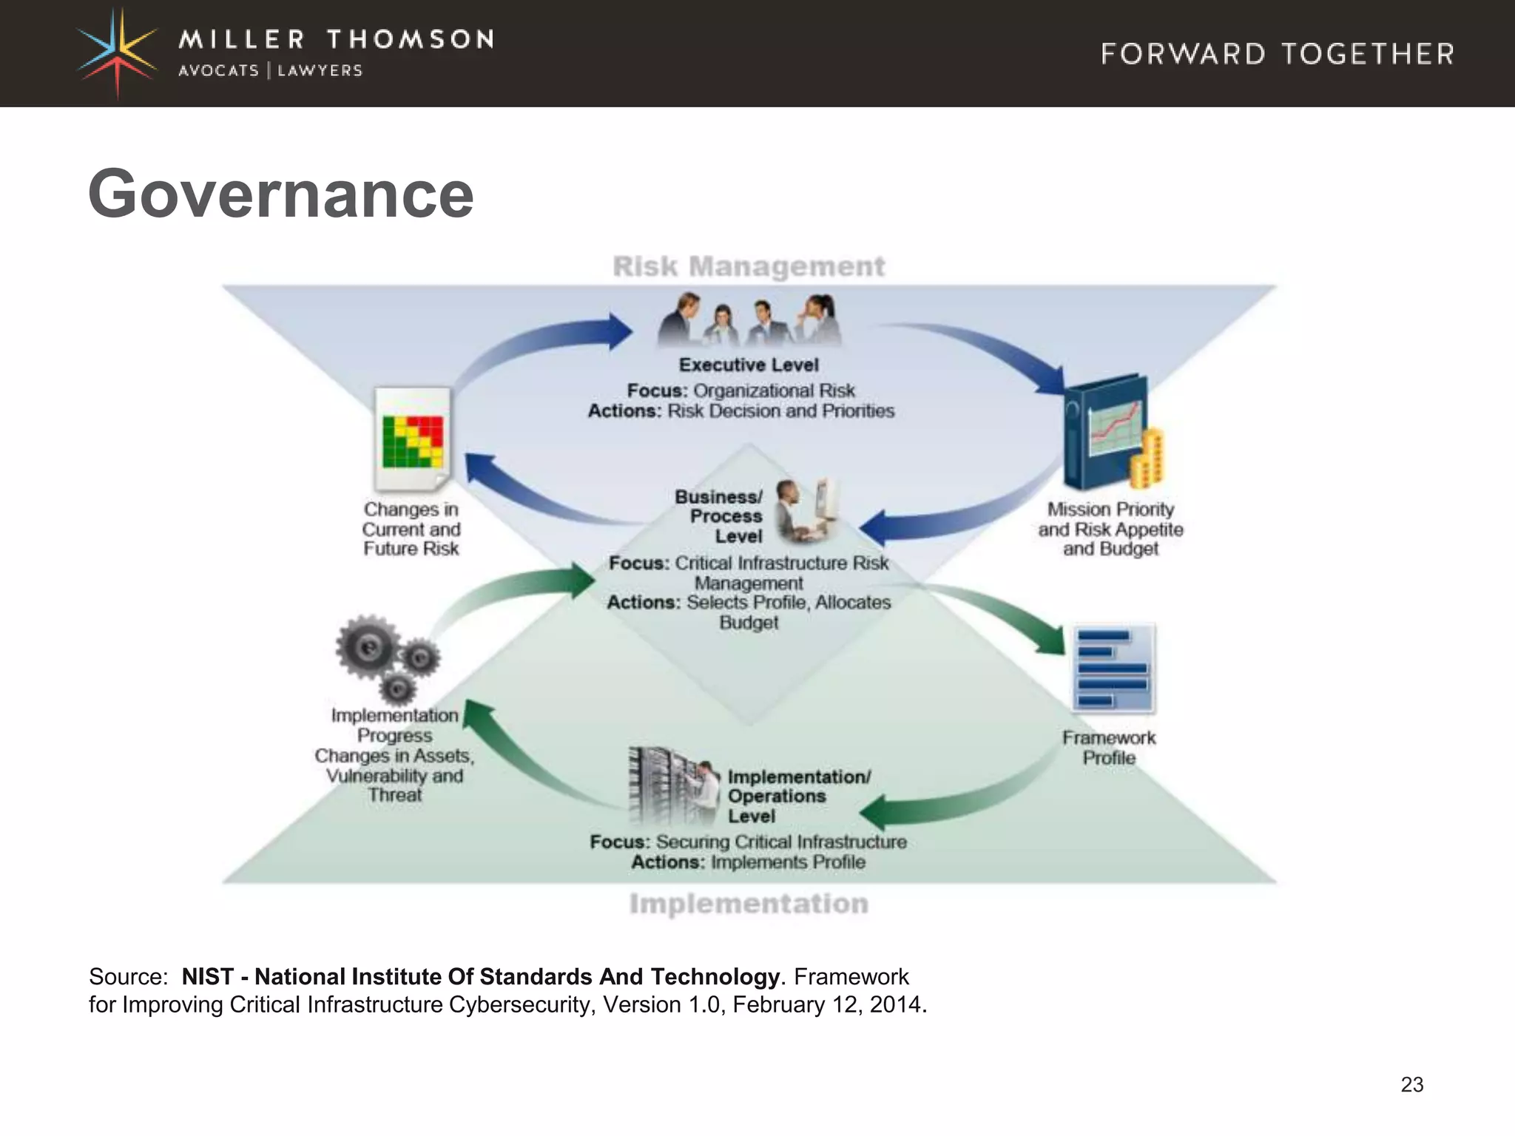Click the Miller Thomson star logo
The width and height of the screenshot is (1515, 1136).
tap(118, 53)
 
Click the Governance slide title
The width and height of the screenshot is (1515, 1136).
tap(280, 194)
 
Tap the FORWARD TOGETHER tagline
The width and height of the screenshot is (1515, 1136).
tap(1278, 54)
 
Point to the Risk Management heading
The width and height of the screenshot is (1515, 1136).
tap(749, 266)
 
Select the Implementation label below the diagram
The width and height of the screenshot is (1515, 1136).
tap(749, 904)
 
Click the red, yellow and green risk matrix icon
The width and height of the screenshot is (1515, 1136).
tap(413, 442)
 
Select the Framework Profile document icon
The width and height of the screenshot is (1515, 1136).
tap(1113, 669)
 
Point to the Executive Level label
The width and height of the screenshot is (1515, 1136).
tap(749, 365)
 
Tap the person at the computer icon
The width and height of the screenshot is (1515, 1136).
tap(805, 510)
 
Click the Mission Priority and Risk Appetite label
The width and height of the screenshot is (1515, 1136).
tap(1110, 529)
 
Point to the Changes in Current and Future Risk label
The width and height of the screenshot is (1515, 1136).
tap(411, 529)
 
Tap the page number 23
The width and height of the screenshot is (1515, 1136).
tap(1411, 1084)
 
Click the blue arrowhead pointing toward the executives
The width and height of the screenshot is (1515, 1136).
tap(618, 331)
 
